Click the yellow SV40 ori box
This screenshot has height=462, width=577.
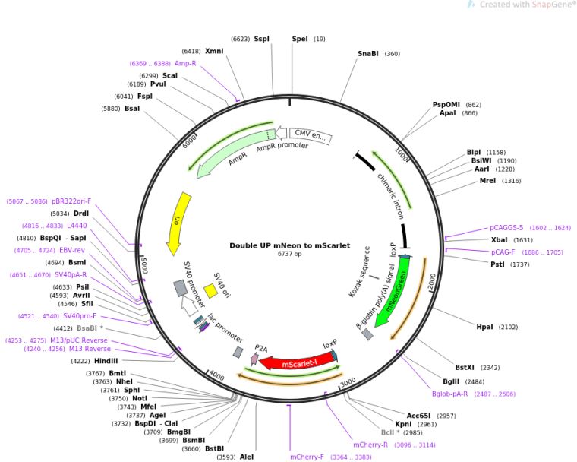click(x=211, y=291)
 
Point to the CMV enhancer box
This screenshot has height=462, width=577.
click(x=311, y=136)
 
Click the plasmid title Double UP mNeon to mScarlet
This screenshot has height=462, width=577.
click(x=289, y=245)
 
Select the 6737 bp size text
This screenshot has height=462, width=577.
click(x=289, y=254)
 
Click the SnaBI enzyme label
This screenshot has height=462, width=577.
click(x=368, y=54)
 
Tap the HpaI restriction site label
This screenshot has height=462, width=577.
click(x=484, y=327)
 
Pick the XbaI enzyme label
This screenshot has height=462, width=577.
click(x=500, y=240)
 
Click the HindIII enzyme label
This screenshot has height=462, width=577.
click(x=106, y=361)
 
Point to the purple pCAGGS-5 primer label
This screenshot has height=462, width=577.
click(x=506, y=228)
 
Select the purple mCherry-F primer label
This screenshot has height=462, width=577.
click(x=307, y=457)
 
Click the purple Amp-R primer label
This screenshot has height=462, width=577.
click(x=185, y=63)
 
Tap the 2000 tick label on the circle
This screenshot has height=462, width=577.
click(x=432, y=283)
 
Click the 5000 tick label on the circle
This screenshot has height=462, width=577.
click(x=143, y=265)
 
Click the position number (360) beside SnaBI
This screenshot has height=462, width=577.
click(x=393, y=54)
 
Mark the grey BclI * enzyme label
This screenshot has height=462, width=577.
click(x=390, y=432)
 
